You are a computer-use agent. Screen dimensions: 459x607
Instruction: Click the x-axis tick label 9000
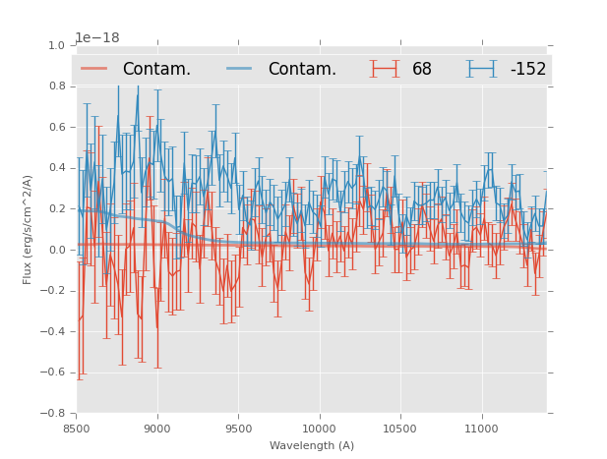click(157, 429)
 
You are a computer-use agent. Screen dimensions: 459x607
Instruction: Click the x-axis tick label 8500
click(77, 429)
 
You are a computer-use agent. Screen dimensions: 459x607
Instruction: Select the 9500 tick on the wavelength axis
click(238, 429)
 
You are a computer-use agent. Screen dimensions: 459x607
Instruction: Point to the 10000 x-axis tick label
click(320, 429)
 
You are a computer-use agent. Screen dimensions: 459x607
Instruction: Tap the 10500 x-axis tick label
click(400, 429)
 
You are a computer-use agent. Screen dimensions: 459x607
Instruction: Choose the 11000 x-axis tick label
click(482, 429)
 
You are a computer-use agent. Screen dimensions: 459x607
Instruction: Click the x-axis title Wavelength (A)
click(312, 446)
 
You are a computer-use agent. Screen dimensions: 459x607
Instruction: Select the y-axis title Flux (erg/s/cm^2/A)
click(29, 229)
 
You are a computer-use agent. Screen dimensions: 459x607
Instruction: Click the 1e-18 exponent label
click(96, 37)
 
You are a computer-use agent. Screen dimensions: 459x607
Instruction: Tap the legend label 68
click(422, 70)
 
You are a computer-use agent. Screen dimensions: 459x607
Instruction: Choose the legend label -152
click(528, 70)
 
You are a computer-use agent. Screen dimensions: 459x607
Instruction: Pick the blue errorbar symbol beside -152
click(482, 69)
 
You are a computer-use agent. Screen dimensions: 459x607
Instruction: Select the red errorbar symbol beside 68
click(385, 69)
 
